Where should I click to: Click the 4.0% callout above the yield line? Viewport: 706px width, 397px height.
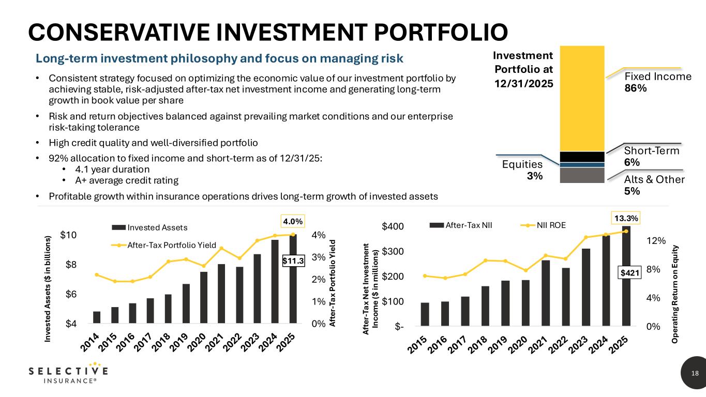pyautogui.click(x=293, y=221)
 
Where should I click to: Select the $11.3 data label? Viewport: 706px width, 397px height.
pyautogui.click(x=293, y=262)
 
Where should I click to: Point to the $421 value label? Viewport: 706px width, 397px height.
pyautogui.click(x=629, y=273)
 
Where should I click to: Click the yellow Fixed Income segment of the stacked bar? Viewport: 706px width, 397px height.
pyautogui.click(x=582, y=98)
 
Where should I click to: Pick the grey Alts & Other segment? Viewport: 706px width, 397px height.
pyautogui.click(x=582, y=175)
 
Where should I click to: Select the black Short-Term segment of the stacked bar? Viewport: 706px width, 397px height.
pyautogui.click(x=582, y=157)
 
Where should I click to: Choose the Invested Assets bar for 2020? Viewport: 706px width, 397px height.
pyautogui.click(x=204, y=297)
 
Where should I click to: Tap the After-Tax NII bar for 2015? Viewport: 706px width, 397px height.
pyautogui.click(x=425, y=314)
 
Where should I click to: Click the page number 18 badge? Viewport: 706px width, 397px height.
pyautogui.click(x=694, y=373)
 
